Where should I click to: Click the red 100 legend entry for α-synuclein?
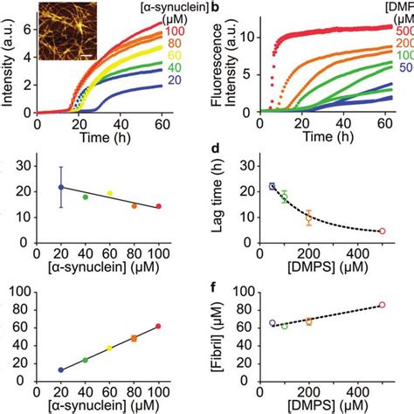[x=176, y=31]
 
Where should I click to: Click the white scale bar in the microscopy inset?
[x=86, y=56]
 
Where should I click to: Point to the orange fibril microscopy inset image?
[x=66, y=32]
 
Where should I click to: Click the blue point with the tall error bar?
[x=60, y=187]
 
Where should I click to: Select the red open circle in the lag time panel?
[x=382, y=231]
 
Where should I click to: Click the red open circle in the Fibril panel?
[x=382, y=305]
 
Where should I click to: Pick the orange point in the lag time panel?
[x=308, y=218]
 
